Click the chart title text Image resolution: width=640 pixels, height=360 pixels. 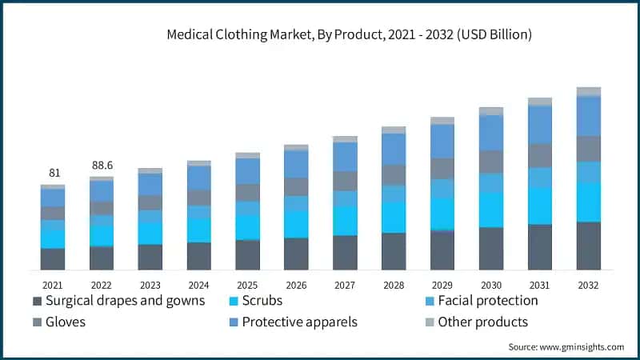[350, 35]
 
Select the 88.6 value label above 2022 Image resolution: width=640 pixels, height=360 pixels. [102, 165]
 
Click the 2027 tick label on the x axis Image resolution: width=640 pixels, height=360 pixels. [345, 285]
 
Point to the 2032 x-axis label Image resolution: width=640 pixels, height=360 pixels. [588, 285]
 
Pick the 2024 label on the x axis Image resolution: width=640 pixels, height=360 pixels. [199, 285]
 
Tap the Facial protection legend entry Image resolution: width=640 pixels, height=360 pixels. [481, 302]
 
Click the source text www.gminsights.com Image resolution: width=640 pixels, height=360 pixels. [566, 347]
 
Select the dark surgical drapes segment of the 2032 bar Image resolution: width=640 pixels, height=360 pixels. [588, 246]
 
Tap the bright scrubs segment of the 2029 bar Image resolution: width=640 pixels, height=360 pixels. [442, 214]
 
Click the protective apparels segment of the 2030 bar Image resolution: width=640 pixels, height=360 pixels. [491, 133]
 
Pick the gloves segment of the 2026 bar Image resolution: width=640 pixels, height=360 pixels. [296, 186]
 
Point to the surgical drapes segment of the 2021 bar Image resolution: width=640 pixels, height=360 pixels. [53, 259]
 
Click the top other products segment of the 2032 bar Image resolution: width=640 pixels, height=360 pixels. [588, 91]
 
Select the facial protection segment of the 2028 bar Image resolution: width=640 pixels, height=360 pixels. [394, 194]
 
